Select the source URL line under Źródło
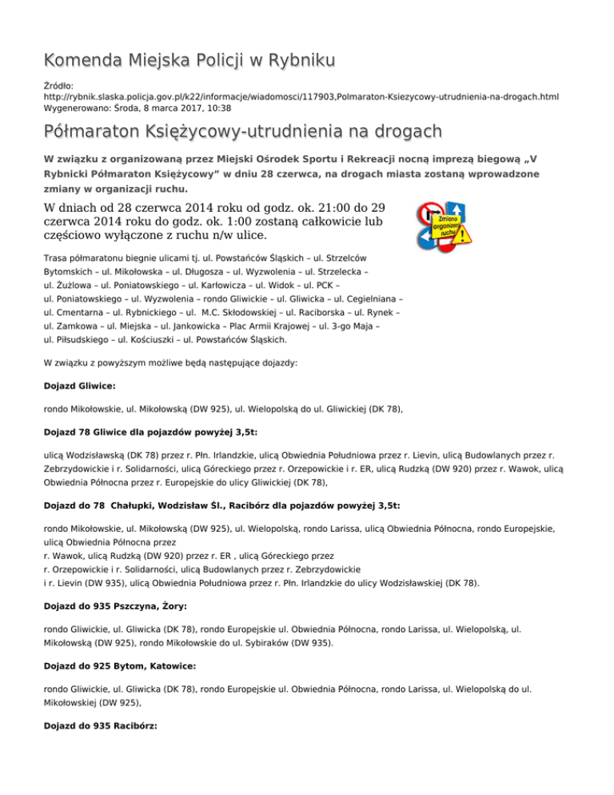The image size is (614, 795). click(301, 95)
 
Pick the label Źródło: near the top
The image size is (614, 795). click(58, 83)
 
